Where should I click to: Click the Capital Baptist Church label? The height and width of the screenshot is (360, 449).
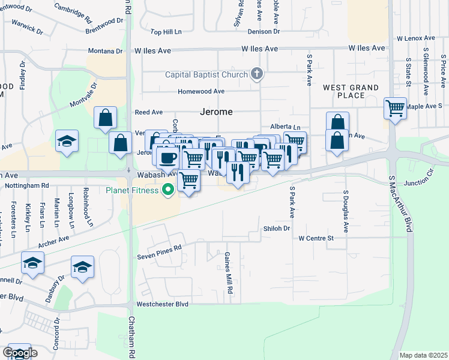[x=206, y=74]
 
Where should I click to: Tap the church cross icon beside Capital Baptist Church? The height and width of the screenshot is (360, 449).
[x=257, y=74]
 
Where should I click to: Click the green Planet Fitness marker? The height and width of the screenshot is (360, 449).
[x=169, y=191]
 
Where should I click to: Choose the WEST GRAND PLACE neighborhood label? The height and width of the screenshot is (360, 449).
[x=351, y=91]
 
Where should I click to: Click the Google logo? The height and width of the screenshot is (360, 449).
[x=19, y=353]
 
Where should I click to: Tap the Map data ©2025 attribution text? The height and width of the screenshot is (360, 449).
[x=423, y=355]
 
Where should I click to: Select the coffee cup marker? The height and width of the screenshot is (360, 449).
[x=167, y=157]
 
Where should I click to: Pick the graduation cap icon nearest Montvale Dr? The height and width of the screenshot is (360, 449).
[x=67, y=142]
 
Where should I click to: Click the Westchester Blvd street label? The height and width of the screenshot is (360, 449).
[x=162, y=304]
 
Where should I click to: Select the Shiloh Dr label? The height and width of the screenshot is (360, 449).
[x=277, y=228]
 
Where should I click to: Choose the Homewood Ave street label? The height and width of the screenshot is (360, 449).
[x=200, y=91]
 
